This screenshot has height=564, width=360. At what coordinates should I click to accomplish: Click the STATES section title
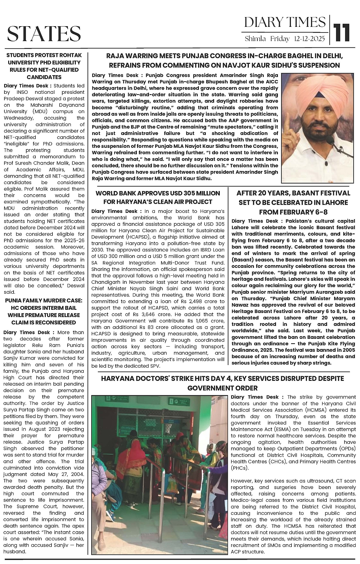coord(44,34)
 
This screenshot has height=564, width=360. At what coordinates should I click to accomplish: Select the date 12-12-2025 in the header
coord(309,39)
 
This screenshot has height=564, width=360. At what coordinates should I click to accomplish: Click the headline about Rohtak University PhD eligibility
coord(44,66)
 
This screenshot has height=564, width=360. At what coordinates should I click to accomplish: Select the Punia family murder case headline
coord(44,311)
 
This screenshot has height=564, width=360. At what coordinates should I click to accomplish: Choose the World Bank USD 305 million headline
coord(158,197)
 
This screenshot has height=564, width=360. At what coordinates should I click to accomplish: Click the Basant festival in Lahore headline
coord(293,202)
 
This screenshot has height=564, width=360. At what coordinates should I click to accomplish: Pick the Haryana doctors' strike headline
coord(223,383)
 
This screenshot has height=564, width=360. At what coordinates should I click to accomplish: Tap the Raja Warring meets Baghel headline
coord(224,61)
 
